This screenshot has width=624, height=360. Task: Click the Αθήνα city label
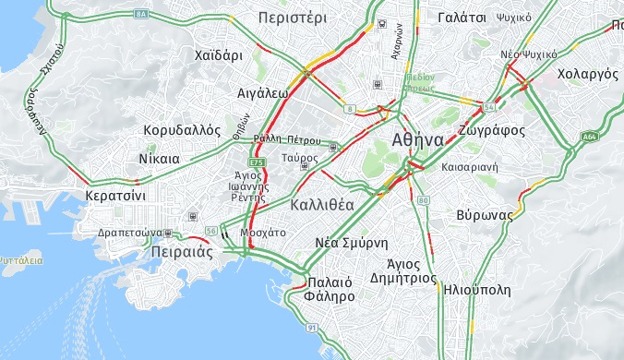(417, 139)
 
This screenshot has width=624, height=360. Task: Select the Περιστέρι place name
(293, 18)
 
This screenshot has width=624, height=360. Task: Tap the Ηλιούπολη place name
(476, 289)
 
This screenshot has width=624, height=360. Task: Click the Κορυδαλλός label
(183, 130)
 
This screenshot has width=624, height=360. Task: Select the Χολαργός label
(588, 72)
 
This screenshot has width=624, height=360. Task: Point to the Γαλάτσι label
(462, 18)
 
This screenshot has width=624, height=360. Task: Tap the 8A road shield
(141, 15)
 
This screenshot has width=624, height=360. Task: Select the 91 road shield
(313, 328)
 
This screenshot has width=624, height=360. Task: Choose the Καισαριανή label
(470, 168)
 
